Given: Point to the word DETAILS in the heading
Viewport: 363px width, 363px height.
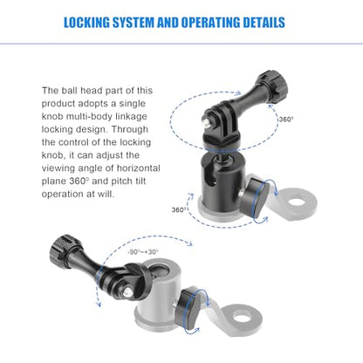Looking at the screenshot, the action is click(264, 23).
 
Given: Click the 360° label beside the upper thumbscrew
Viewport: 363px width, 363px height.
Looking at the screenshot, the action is click(286, 120).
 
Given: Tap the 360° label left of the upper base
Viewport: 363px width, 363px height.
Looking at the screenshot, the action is click(179, 209).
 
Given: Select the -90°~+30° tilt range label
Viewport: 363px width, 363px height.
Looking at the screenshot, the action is click(143, 252).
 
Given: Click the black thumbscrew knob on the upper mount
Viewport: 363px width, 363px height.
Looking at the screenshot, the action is click(271, 85).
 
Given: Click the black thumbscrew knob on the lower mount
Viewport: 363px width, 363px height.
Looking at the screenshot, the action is click(63, 249).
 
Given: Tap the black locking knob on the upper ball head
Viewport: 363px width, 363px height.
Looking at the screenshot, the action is click(256, 198).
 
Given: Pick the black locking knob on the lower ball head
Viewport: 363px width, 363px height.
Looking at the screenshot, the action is click(193, 307).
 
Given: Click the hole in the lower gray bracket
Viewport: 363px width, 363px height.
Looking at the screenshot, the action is click(242, 316).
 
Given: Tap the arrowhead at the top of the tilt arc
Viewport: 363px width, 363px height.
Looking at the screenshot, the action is click(189, 243).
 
